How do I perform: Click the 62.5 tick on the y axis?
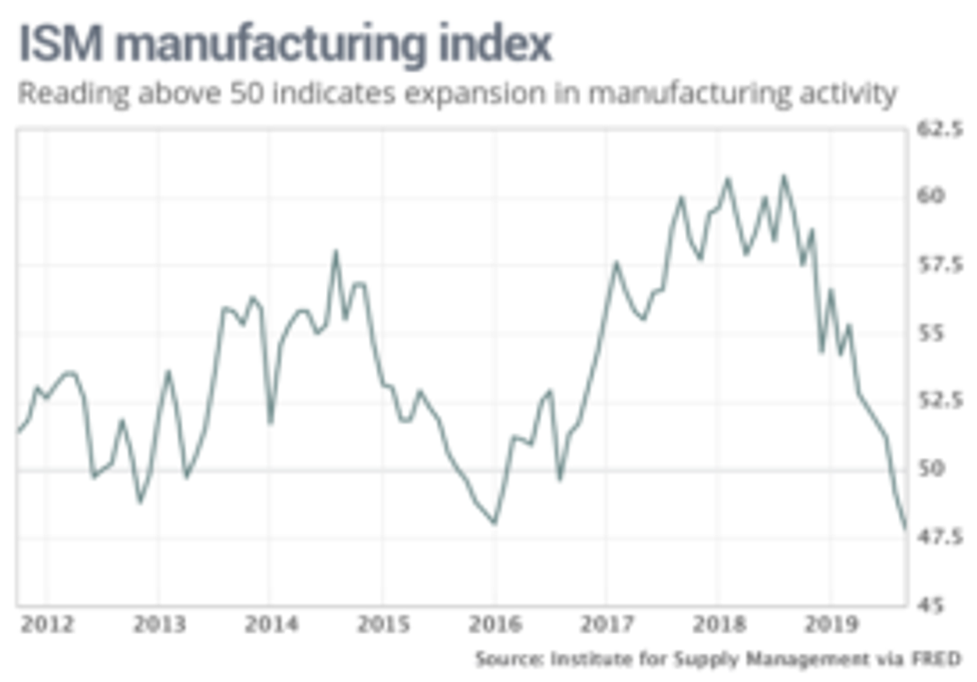point(943,129)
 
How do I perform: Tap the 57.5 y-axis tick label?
point(943,265)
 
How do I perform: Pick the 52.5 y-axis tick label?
point(943,401)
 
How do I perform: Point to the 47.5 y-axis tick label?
point(943,537)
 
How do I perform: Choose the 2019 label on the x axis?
point(829,626)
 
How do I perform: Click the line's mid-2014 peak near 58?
point(335,251)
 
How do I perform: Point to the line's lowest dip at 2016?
point(494,522)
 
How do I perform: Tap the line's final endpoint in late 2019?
point(905,528)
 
